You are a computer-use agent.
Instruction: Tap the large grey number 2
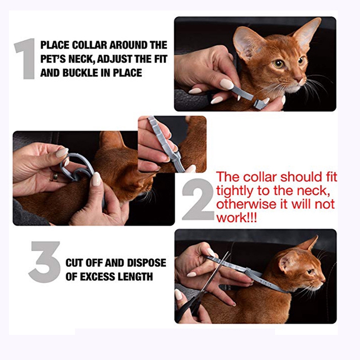point(198,199)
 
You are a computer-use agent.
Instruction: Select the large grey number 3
point(45,262)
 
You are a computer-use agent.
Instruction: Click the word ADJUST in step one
point(115,59)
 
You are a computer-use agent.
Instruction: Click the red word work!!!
point(237,217)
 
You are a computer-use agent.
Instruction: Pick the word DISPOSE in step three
point(147,263)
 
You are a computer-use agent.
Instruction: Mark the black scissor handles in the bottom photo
point(189,307)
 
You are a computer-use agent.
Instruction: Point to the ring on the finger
point(55,177)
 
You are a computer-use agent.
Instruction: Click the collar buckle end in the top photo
point(259,104)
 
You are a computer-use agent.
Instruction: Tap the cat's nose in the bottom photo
point(323,280)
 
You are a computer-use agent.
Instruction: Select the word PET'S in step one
point(52,59)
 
